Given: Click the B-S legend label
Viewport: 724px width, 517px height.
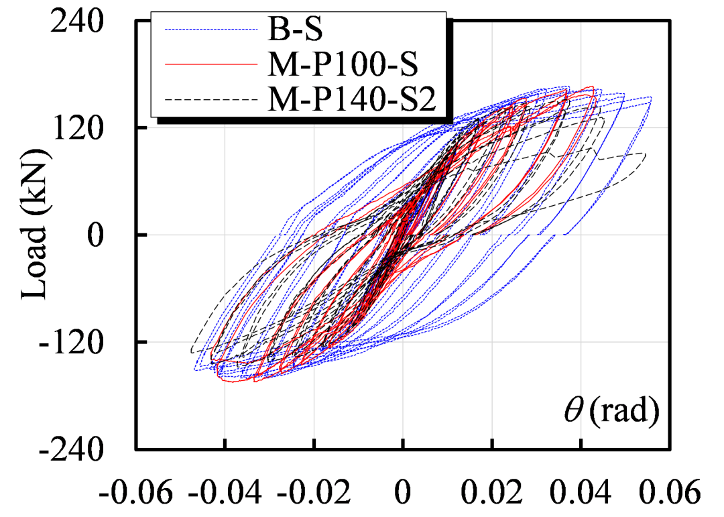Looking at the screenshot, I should point(292,30).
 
